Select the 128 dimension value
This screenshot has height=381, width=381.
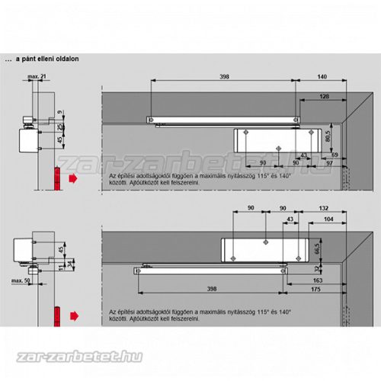(x=325, y=97)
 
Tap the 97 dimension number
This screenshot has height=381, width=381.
(x=328, y=162)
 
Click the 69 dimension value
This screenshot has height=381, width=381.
(x=335, y=155)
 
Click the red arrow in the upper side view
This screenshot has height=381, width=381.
(x=72, y=178)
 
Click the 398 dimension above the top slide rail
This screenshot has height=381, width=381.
(x=222, y=76)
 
